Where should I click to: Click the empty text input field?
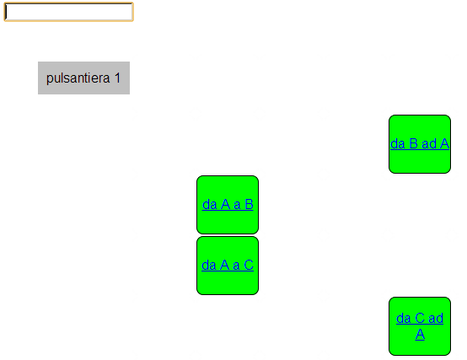click(68, 12)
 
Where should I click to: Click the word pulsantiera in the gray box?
click(78, 78)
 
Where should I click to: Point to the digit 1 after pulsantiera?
click(118, 78)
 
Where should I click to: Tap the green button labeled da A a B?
click(228, 205)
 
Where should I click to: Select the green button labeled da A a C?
click(228, 266)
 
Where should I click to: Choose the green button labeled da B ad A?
click(420, 144)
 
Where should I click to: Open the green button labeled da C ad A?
click(420, 326)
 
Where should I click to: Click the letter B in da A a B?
click(249, 205)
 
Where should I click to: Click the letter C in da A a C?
click(249, 266)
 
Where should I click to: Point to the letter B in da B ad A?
click(413, 144)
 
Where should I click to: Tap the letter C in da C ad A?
click(420, 319)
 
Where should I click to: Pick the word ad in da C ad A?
click(436, 319)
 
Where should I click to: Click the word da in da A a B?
click(210, 205)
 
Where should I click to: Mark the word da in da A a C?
click(209, 266)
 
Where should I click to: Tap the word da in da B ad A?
click(398, 144)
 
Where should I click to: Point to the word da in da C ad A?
click(404, 319)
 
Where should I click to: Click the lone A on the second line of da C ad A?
click(420, 334)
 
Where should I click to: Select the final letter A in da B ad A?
click(444, 144)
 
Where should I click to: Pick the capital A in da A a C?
click(224, 266)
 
